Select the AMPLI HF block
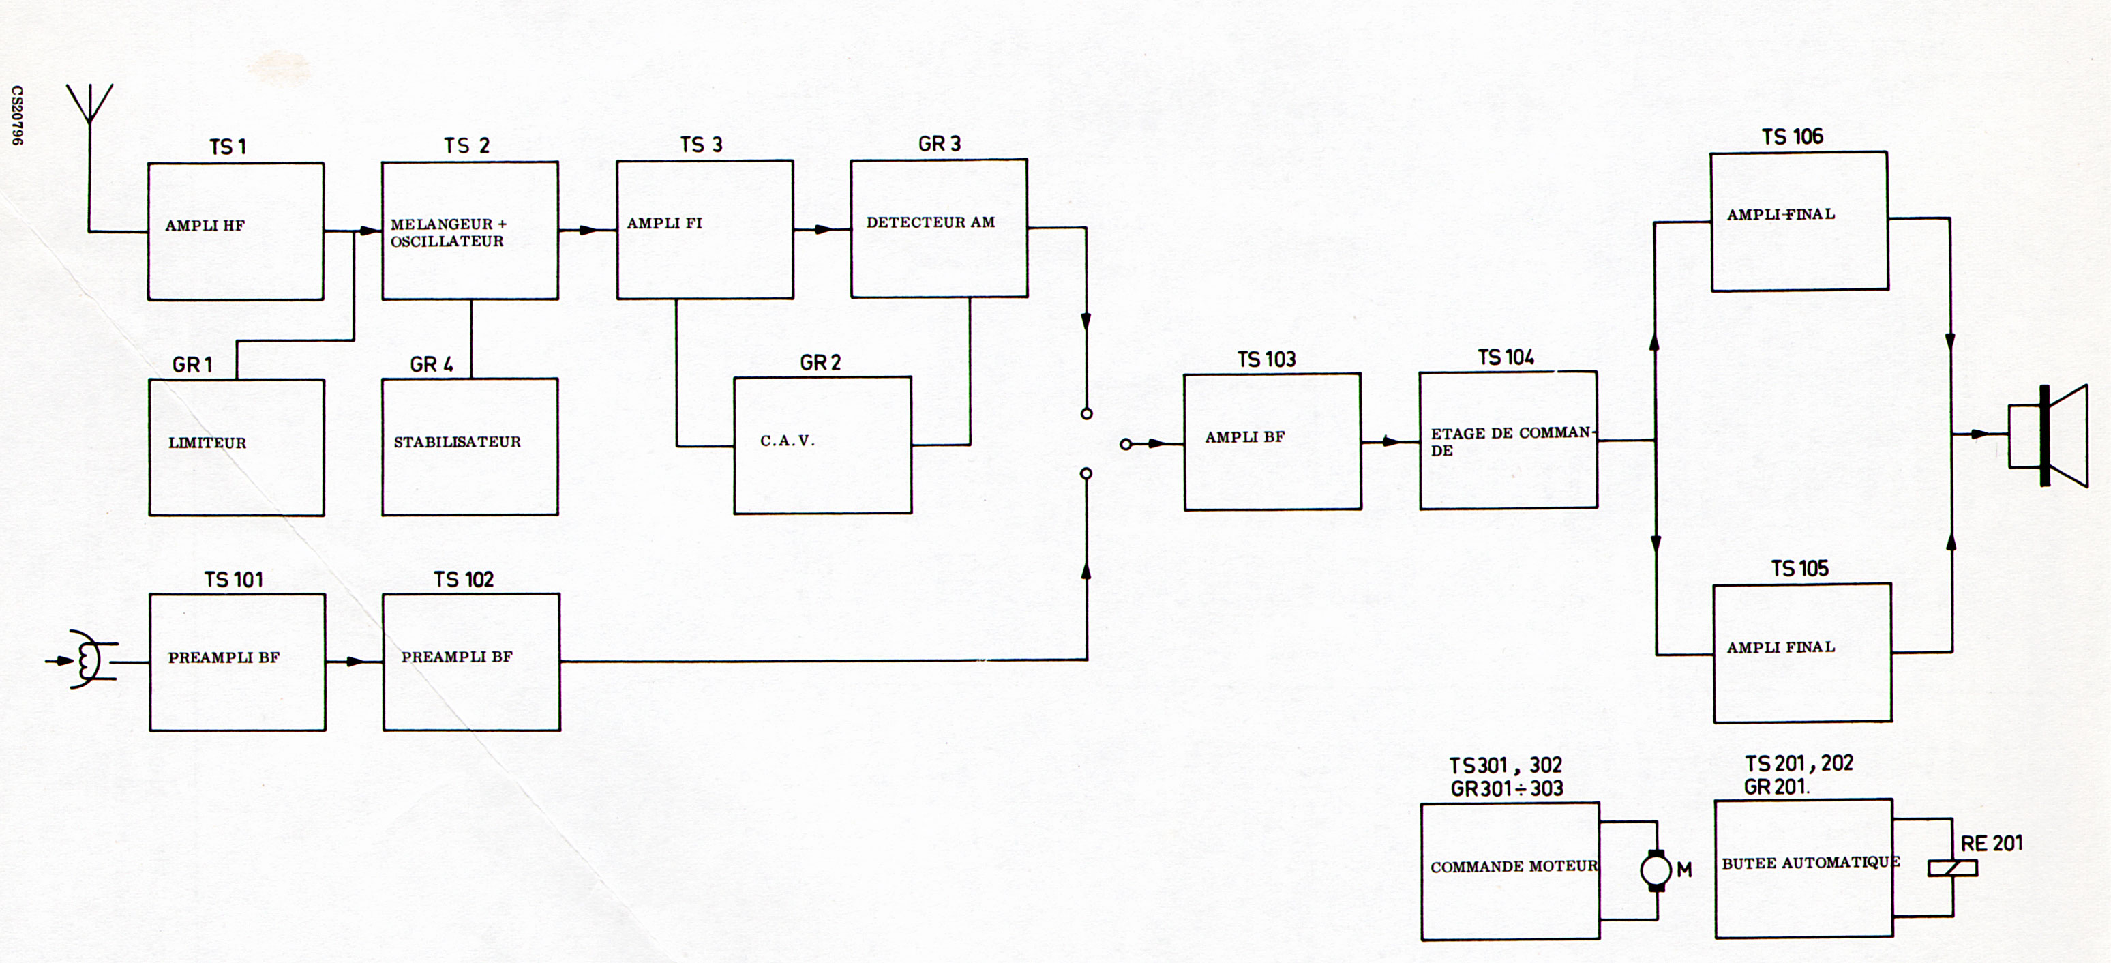[235, 231]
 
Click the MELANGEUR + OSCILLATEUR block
[470, 231]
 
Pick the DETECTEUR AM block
[938, 228]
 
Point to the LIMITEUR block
[236, 447]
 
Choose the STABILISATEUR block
[470, 446]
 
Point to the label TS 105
[1799, 569]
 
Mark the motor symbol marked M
[1656, 870]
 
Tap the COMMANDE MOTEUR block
[1510, 871]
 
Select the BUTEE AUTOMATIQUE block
[1803, 868]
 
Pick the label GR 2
[820, 363]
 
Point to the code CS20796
[17, 115]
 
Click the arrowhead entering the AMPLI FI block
[588, 231]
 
